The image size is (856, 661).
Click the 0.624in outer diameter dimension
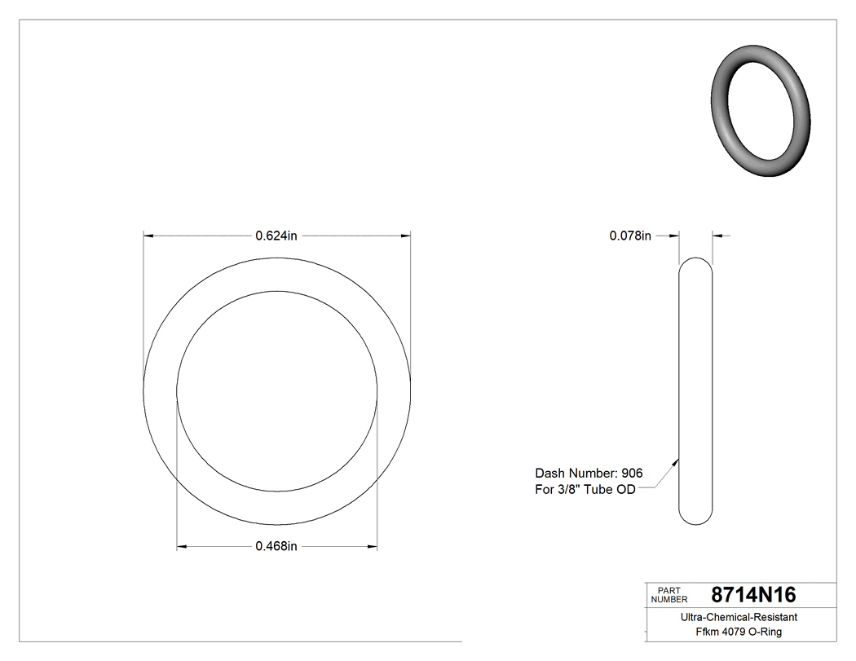tap(276, 236)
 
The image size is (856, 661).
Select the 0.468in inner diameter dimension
tap(276, 546)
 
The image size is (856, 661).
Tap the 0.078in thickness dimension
tap(630, 236)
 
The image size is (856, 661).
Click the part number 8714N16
tap(753, 595)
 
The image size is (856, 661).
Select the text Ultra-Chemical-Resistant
tap(739, 618)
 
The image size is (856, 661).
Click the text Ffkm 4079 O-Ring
tap(739, 632)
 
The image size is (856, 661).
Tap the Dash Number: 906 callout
tap(588, 473)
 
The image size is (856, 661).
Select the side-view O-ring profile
tap(695, 391)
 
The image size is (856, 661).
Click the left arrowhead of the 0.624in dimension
tap(148, 236)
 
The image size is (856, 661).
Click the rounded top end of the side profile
tap(695, 262)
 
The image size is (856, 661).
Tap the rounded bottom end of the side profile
tap(695, 520)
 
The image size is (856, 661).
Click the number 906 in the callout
tap(632, 473)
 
